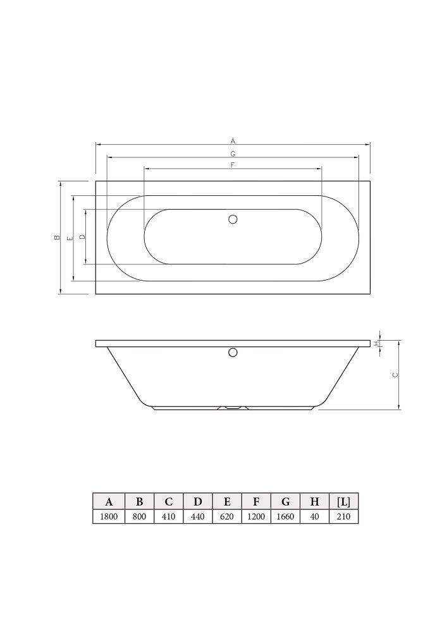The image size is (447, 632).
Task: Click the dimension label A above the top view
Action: [x=233, y=141]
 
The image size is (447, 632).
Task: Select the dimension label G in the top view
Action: [x=233, y=154]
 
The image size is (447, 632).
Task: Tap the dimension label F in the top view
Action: [x=233, y=165]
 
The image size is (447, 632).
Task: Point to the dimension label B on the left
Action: [x=57, y=238]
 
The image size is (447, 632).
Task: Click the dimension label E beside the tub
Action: [x=70, y=238]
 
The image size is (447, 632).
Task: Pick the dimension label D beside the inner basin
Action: [x=82, y=237]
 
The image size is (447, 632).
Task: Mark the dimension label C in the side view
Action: [x=395, y=374]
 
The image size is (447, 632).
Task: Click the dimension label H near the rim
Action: [x=376, y=343]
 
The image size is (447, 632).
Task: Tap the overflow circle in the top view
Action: [x=233, y=219]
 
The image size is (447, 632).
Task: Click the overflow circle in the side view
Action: [x=233, y=352]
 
